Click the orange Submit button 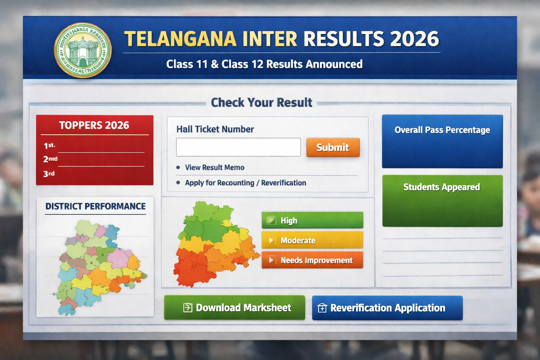click(x=333, y=147)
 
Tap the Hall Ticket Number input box click(x=238, y=147)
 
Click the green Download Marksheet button click(x=234, y=308)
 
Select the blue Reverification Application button click(x=387, y=308)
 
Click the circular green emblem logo click(x=83, y=50)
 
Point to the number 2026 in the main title click(x=414, y=39)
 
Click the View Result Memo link click(x=214, y=167)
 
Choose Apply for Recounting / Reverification click(x=245, y=183)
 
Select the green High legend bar click(x=312, y=220)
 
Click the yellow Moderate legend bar click(x=312, y=240)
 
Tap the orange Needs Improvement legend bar click(x=312, y=260)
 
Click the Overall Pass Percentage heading click(x=442, y=130)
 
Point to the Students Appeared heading click(x=442, y=187)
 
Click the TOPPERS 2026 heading click(x=94, y=126)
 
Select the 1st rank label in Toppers click(x=49, y=146)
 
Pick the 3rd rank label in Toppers click(x=49, y=174)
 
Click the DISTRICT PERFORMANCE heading click(x=95, y=206)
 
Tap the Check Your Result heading click(x=261, y=103)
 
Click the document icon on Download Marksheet click(x=188, y=308)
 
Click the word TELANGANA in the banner click(x=180, y=39)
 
